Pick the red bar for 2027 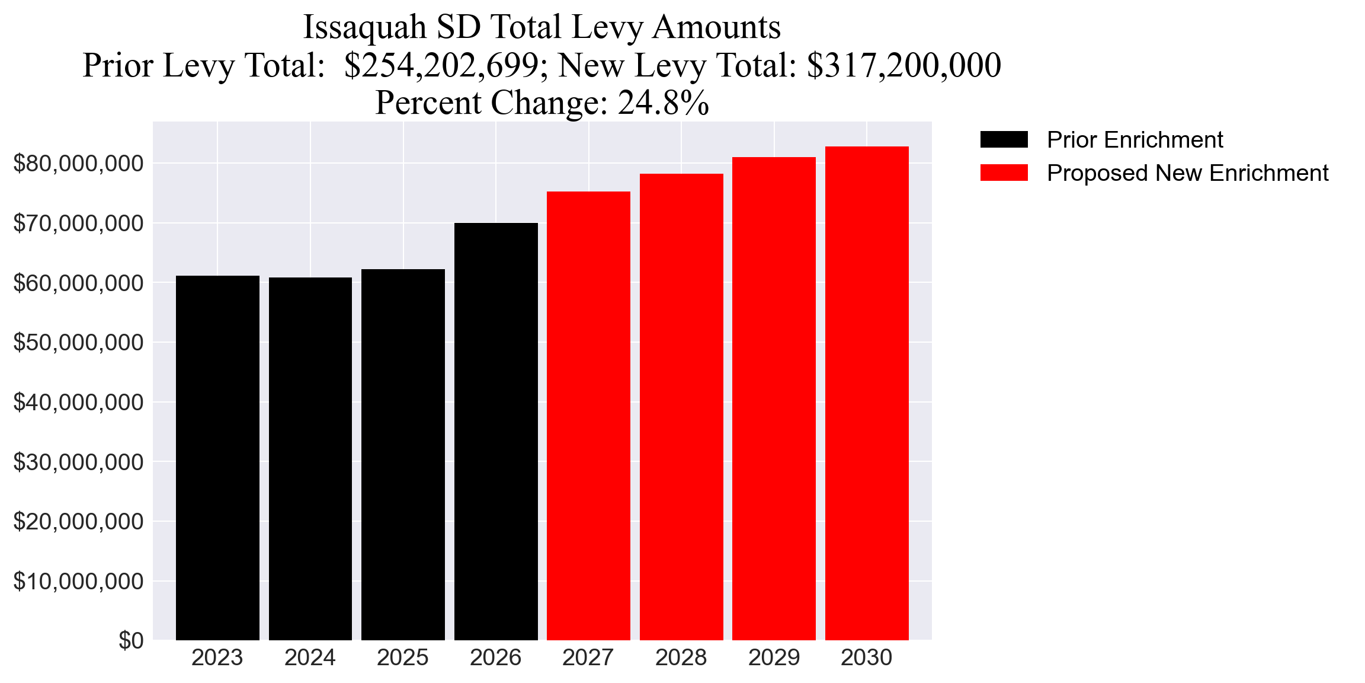tap(588, 416)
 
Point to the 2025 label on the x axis tap(403, 658)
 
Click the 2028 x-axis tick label tap(681, 658)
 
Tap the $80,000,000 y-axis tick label tap(78, 164)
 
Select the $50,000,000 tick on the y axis tap(78, 343)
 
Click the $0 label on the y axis tap(131, 640)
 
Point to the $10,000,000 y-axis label tap(78, 582)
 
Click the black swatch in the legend tap(1004, 140)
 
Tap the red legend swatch tap(1004, 173)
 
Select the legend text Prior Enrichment tap(1135, 140)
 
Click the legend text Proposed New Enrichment tap(1187, 173)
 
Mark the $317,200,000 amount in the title tap(903, 65)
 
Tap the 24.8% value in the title tap(664, 103)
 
